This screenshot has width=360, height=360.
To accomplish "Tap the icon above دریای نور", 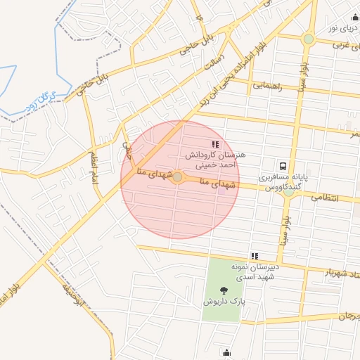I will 355,18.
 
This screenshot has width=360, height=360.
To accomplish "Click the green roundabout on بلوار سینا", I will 308,39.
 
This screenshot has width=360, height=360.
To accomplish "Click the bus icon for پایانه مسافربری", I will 283,167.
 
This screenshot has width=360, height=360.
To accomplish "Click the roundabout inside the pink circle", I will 178,178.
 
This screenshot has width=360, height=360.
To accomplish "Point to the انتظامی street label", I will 344,199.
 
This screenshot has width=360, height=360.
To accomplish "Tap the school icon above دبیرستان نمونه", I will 255,256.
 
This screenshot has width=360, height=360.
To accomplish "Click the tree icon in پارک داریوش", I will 224,290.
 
